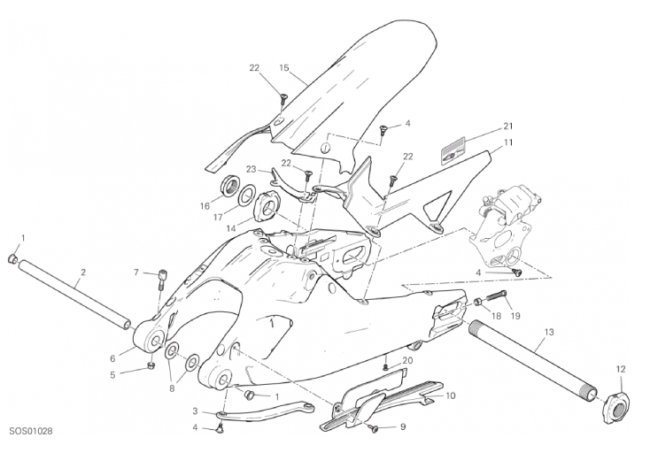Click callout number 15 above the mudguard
(284, 68)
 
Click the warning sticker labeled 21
(454, 150)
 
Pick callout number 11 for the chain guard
(508, 142)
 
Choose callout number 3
(194, 411)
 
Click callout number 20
(407, 360)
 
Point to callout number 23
(251, 169)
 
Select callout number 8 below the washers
(171, 387)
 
